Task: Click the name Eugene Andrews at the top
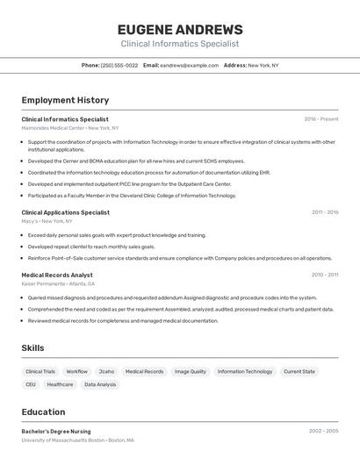point(179,29)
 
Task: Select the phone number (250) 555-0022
point(119,65)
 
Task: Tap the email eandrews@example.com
point(189,65)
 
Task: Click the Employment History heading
point(65,100)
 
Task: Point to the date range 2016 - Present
point(320,119)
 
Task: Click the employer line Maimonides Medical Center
point(70,128)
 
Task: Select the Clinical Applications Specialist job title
point(66,212)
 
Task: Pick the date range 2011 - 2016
point(324,212)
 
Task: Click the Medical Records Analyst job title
point(57,275)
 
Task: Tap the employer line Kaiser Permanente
point(58,284)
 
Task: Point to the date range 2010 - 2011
point(324,275)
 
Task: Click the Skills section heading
point(32,348)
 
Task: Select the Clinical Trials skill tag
point(40,372)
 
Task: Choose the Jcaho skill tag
point(106,372)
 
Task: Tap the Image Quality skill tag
point(191,372)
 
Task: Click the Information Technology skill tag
point(245,372)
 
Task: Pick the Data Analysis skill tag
point(100,385)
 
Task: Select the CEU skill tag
point(31,385)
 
